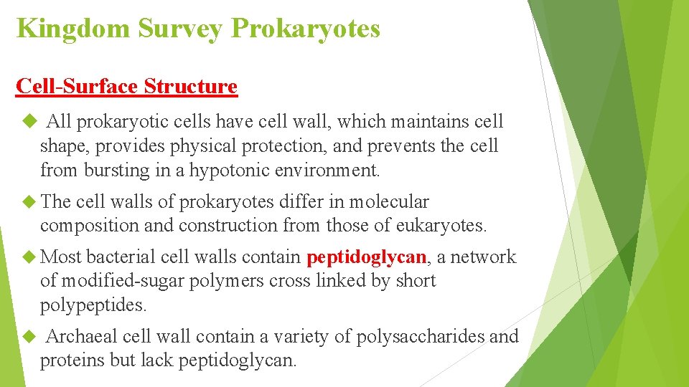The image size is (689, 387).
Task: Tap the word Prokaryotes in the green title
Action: [x=306, y=29]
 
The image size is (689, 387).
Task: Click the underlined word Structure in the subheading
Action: [x=190, y=87]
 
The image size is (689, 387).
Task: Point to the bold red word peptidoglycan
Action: [x=367, y=257]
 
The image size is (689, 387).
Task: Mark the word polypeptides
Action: [x=93, y=305]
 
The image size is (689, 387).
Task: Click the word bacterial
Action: [x=121, y=257]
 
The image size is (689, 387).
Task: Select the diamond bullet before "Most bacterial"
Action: [x=29, y=257]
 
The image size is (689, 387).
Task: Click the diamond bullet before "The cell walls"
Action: [x=29, y=201]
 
